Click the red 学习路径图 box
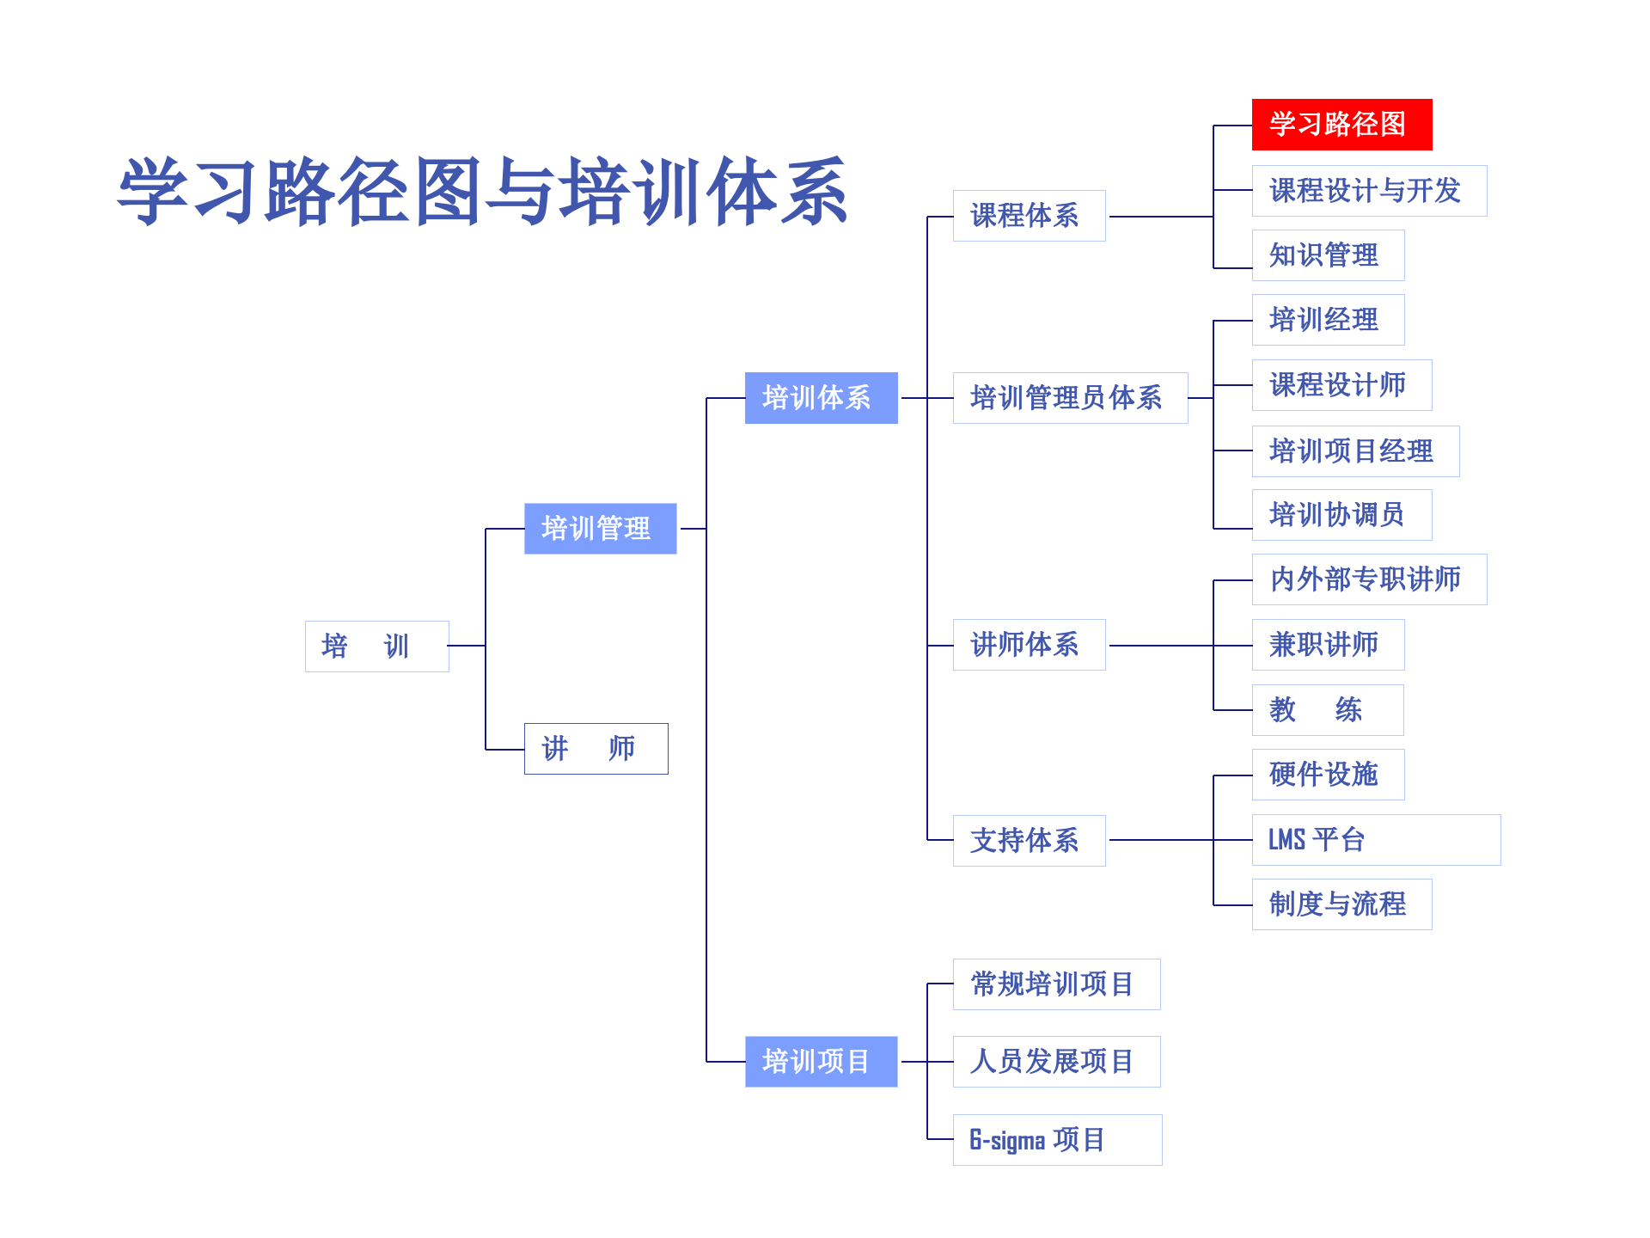pyautogui.click(x=1341, y=125)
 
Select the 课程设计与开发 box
pyautogui.click(x=1369, y=191)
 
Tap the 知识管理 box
pyautogui.click(x=1328, y=255)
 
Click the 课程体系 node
pyautogui.click(x=1029, y=216)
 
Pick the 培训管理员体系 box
pyautogui.click(x=1070, y=398)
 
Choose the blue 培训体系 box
pyautogui.click(x=821, y=398)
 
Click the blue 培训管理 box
pyautogui.click(x=600, y=529)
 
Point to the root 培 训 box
pyautogui.click(x=376, y=647)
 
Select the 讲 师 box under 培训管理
pyautogui.click(x=596, y=749)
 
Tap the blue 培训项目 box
pyautogui.click(x=821, y=1062)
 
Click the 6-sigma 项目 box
pyautogui.click(x=1057, y=1140)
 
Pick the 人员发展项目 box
pyautogui.click(x=1056, y=1062)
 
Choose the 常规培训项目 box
pyautogui.click(x=1056, y=984)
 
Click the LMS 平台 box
pyautogui.click(x=1376, y=840)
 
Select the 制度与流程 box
pyautogui.click(x=1341, y=904)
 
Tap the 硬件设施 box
pyautogui.click(x=1328, y=775)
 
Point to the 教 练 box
pyautogui.click(x=1328, y=710)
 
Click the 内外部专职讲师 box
pyautogui.click(x=1369, y=579)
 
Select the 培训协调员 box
pyautogui.click(x=1341, y=515)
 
